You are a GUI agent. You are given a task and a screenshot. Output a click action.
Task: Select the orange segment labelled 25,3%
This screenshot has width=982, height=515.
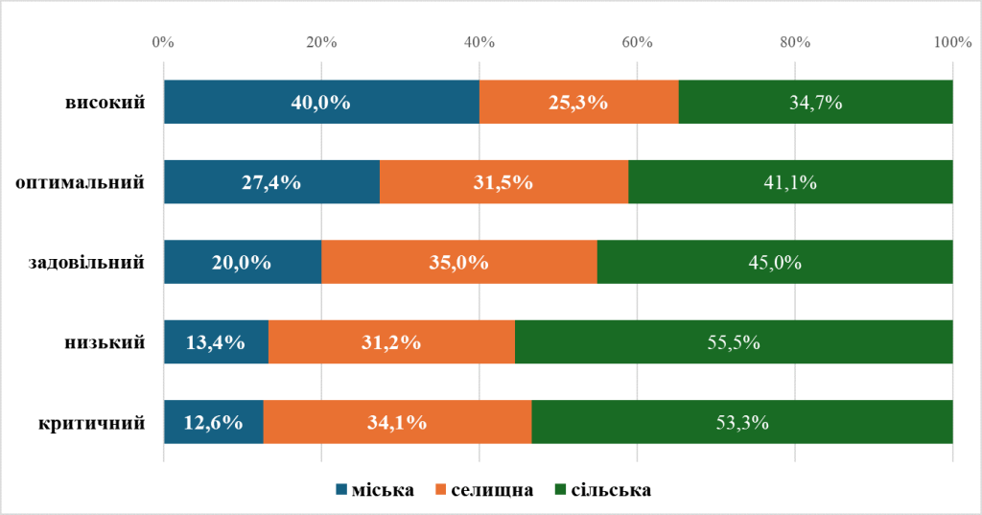point(578,103)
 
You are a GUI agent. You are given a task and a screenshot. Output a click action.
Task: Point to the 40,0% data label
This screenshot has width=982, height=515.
point(320,103)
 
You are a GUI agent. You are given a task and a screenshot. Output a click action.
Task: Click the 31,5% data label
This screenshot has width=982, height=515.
point(503,182)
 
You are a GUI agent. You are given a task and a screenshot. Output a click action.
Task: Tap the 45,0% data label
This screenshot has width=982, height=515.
point(775,263)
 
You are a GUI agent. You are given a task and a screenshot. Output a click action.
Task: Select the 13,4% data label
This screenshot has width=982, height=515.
point(216,342)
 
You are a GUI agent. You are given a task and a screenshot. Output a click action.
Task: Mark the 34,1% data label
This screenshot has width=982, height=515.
point(397,422)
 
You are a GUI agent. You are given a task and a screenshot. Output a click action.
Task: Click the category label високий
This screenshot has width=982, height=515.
point(105,103)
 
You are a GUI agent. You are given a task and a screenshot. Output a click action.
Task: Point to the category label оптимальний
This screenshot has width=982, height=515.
point(81,182)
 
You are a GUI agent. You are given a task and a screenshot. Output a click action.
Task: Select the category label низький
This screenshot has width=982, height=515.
point(106,342)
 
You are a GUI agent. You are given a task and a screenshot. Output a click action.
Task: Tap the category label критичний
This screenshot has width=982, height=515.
point(92,422)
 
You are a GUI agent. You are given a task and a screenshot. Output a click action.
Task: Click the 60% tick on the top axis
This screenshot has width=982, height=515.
point(637,42)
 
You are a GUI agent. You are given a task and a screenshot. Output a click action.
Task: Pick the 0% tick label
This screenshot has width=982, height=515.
point(163,42)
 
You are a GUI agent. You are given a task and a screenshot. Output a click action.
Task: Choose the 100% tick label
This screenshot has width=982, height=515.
point(952,42)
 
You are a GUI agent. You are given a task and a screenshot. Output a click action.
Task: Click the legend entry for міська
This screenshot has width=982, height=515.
point(375,490)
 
